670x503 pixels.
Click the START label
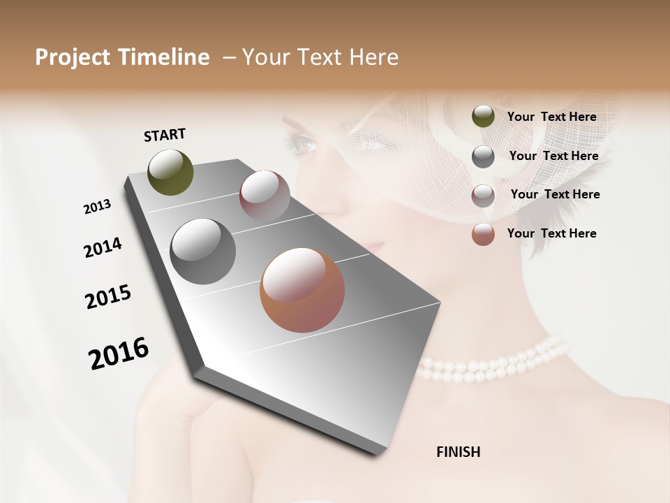click(x=165, y=135)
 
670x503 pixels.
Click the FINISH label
click(x=458, y=452)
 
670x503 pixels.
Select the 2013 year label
click(x=97, y=207)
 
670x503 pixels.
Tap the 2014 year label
click(x=103, y=248)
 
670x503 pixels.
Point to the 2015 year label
click(x=108, y=297)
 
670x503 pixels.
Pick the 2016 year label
click(x=119, y=353)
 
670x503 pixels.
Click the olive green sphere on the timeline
click(x=170, y=172)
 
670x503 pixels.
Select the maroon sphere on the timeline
click(x=265, y=196)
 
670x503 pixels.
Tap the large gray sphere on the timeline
click(x=202, y=251)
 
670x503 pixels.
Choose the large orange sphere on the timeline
click(x=302, y=290)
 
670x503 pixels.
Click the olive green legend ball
click(x=483, y=117)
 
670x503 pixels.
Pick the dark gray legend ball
click(x=483, y=156)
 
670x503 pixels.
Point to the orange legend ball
click(x=483, y=234)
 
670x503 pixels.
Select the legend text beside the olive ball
click(x=551, y=117)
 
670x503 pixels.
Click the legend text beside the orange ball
click(x=551, y=233)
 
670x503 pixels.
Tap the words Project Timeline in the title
click(x=122, y=57)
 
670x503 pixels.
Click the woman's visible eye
click(x=304, y=145)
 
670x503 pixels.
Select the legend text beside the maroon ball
click(x=555, y=194)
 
